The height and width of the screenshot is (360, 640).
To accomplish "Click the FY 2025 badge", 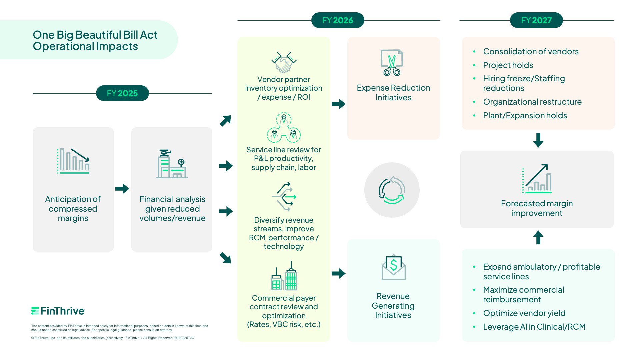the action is point(122,93).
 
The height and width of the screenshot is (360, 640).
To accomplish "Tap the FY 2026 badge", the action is point(337,20).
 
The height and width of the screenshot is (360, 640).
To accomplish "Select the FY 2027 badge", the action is point(536,20).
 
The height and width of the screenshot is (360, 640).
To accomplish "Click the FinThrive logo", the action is point(58,311).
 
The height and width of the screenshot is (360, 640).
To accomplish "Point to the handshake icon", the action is point(284,62).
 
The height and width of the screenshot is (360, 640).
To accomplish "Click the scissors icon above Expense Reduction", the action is point(392,63).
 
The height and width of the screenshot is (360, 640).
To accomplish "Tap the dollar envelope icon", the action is point(393,267).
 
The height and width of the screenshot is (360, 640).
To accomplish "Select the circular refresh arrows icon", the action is point(392,190).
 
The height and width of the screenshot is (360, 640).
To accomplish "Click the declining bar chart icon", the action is point(73,161).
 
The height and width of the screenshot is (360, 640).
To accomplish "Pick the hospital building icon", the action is point(172,164).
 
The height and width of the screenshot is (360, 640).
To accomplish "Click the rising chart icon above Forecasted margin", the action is point(537,179).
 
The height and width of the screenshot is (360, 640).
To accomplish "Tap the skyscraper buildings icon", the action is point(284,276).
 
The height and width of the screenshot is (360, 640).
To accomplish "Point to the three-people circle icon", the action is point(284,128).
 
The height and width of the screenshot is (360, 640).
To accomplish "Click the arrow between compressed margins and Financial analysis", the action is point(122,189).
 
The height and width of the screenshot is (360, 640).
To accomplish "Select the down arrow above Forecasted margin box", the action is point(538,140).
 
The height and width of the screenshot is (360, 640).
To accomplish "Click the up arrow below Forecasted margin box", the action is point(538,238).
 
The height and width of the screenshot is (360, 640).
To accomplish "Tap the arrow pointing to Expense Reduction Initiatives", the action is point(339,104).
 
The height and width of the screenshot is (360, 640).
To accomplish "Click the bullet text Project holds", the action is point(508,65).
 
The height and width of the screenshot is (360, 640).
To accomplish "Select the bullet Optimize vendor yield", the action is point(524,313).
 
